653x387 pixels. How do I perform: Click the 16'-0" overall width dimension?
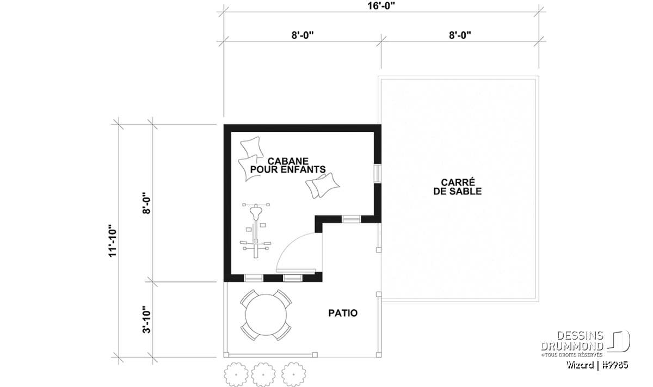[381, 6]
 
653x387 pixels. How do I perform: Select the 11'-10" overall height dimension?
[113, 241]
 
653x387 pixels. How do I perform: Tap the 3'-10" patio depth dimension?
[146, 320]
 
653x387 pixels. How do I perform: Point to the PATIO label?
[343, 313]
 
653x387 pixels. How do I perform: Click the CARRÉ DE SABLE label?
[458, 187]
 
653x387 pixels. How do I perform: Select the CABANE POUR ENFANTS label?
[288, 165]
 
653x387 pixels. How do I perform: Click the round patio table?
[266, 315]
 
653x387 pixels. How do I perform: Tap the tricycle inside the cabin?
[256, 230]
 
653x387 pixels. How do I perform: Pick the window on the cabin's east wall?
[378, 174]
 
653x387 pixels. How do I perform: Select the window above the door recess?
[352, 219]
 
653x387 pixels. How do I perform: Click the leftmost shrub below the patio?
[236, 374]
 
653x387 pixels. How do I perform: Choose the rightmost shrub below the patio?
[293, 374]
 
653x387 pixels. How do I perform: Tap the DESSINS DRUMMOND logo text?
[572, 341]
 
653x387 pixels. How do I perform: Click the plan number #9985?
[614, 365]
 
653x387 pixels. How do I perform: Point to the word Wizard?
[580, 365]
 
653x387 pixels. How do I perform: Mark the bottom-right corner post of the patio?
[379, 355]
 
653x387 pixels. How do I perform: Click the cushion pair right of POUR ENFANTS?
[322, 186]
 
